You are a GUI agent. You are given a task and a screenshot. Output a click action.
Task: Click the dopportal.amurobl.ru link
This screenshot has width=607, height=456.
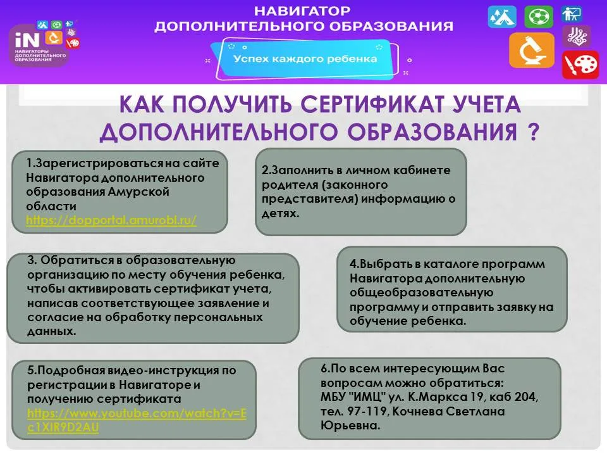[x=111, y=220]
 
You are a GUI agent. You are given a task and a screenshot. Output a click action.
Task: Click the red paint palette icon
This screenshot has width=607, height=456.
[x=580, y=65]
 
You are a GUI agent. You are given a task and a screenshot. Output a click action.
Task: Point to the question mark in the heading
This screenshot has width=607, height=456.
[x=532, y=132]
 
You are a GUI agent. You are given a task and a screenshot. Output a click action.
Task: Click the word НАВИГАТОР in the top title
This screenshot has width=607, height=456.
[x=302, y=11]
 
